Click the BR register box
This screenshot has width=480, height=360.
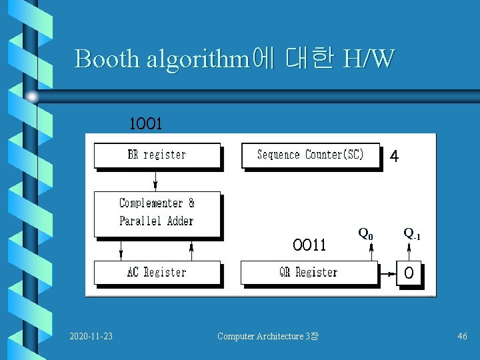coord(157,155)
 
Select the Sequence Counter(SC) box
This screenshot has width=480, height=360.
coord(311,155)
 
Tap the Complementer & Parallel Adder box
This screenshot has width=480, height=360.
coord(157,212)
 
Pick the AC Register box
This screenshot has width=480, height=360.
coord(157,272)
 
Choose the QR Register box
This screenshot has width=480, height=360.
coord(308,272)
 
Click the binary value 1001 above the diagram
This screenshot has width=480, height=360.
coord(146,124)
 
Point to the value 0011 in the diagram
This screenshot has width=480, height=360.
coord(309,245)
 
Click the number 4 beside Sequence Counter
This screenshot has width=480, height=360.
coord(395,157)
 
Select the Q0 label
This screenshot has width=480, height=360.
coord(366,234)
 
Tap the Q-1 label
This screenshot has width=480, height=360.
coord(411,235)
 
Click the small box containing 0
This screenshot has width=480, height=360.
coord(409,273)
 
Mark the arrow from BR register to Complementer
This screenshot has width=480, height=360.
coord(155,180)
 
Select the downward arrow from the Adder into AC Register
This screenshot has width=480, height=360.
coord(121,249)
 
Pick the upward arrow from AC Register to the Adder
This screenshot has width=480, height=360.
coord(191,249)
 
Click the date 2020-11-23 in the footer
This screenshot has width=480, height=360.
coord(91,336)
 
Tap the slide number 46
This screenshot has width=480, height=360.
coord(462,336)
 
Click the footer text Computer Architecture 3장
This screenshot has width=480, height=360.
coord(267,336)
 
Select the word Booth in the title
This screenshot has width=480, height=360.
coord(107,59)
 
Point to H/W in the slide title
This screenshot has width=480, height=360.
coord(368,59)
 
